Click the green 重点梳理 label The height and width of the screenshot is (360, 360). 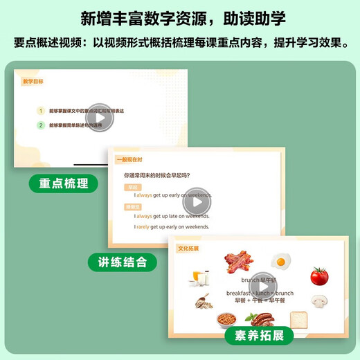pos(63,183)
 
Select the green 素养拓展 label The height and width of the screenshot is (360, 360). pos(258,336)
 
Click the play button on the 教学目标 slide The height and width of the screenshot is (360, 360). pos(101,118)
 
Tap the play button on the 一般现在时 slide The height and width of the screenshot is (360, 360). pos(197,201)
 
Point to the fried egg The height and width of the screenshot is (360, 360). pos(280,262)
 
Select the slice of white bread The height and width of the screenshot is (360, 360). pos(300,318)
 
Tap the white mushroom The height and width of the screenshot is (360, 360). pos(319,301)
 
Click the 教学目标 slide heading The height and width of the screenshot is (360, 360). pos(33,81)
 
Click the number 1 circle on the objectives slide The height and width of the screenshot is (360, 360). pos(41,111)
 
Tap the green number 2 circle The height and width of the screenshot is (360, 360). pos(41,125)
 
